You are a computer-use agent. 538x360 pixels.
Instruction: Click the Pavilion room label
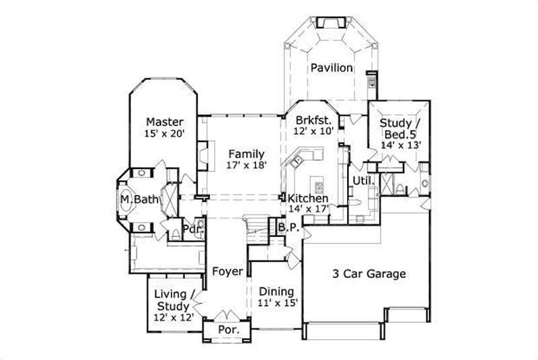click(331, 68)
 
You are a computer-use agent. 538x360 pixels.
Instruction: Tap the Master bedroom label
click(165, 122)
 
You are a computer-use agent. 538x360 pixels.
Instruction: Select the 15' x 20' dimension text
click(165, 134)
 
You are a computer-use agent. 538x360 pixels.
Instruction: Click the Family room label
click(245, 153)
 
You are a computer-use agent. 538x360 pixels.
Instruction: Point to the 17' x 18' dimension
click(245, 166)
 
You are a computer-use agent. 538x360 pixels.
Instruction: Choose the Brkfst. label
click(314, 120)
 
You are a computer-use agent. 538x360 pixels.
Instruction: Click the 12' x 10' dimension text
click(313, 132)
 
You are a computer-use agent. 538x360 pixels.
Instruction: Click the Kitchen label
click(308, 199)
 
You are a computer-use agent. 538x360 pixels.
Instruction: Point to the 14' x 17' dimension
click(308, 210)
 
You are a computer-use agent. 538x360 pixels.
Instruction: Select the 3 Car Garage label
click(369, 274)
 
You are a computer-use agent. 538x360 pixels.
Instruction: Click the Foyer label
click(227, 272)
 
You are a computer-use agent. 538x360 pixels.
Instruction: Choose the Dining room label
click(276, 291)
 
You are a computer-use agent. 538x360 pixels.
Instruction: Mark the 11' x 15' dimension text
click(276, 303)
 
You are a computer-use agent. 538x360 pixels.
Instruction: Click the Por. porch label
click(227, 330)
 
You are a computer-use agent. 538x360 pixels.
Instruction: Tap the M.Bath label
click(140, 200)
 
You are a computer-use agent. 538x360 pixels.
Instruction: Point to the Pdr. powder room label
click(193, 228)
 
